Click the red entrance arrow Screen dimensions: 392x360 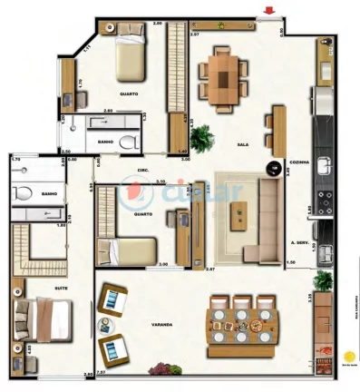coord(268,13)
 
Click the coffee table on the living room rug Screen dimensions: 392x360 coord(239,215)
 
